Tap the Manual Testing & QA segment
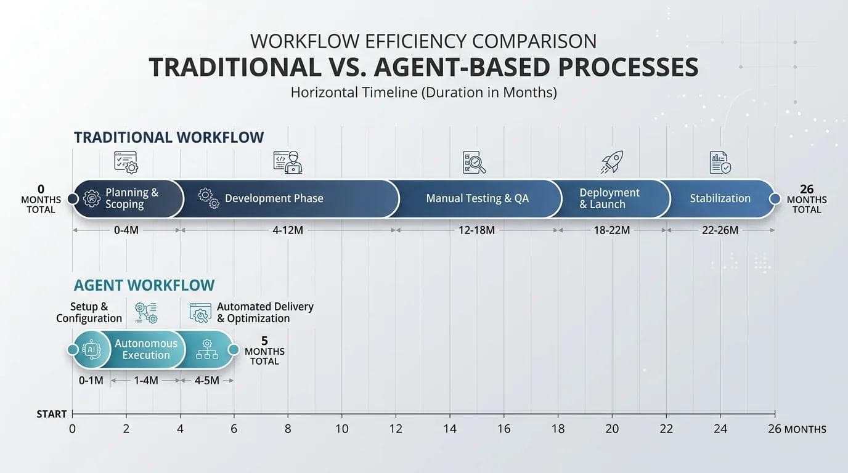[x=477, y=199]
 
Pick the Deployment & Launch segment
[x=609, y=199]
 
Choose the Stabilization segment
[x=719, y=199]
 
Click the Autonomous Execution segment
[x=145, y=349]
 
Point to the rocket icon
[x=612, y=162]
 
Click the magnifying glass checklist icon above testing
[x=474, y=163]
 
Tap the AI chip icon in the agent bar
[x=91, y=349]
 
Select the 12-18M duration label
[x=476, y=230]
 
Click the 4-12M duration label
[x=288, y=230]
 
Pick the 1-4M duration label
[x=145, y=380]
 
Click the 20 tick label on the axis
[x=612, y=429]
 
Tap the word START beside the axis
[x=52, y=414]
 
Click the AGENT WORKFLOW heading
[x=144, y=285]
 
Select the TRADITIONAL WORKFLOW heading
[x=169, y=137]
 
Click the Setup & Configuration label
[x=89, y=312]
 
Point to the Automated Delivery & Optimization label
[x=265, y=312]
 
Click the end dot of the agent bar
[x=234, y=350]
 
